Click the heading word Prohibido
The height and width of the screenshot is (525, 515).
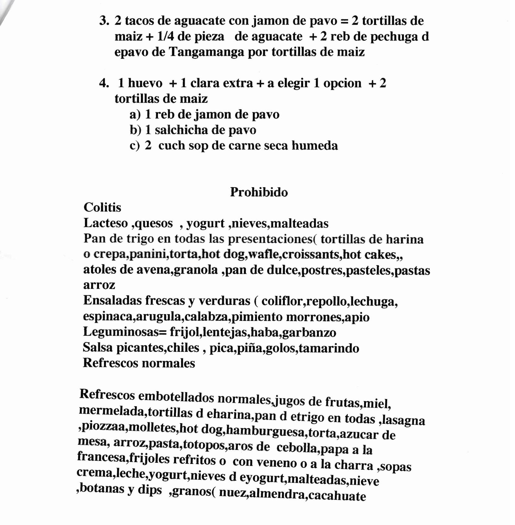tap(259, 192)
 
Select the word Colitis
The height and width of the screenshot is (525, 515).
tap(102, 208)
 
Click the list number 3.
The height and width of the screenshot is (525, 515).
tap(104, 21)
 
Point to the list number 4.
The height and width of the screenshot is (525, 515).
tap(104, 83)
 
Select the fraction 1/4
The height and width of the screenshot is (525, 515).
tap(165, 36)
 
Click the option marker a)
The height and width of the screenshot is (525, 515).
tap(135, 115)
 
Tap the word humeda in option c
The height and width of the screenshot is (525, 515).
tap(315, 146)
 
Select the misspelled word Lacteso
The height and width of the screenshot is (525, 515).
tap(106, 223)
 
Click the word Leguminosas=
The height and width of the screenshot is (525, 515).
tap(124, 332)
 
